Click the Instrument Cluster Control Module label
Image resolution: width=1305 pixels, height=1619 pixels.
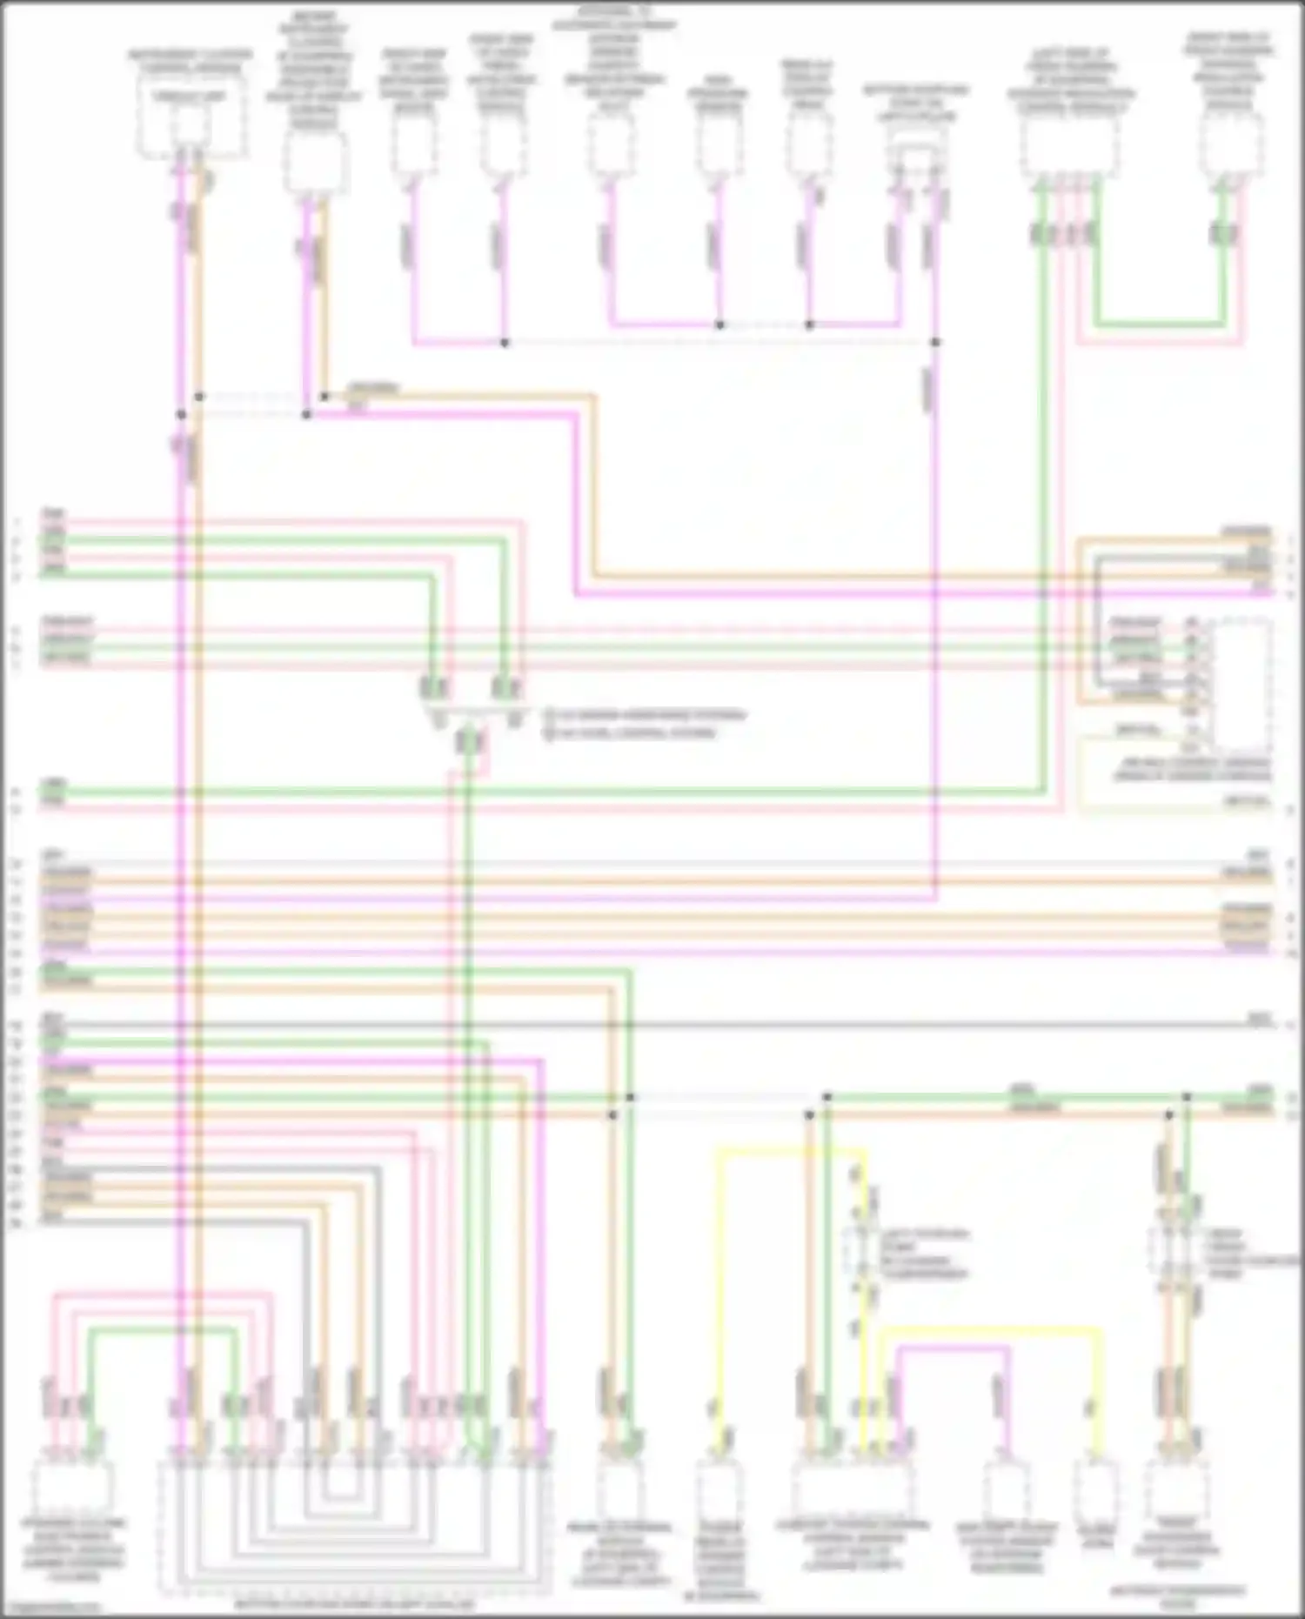191,60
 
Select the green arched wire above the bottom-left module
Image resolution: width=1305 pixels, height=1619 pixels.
162,1332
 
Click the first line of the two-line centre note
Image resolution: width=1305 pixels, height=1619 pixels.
645,716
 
